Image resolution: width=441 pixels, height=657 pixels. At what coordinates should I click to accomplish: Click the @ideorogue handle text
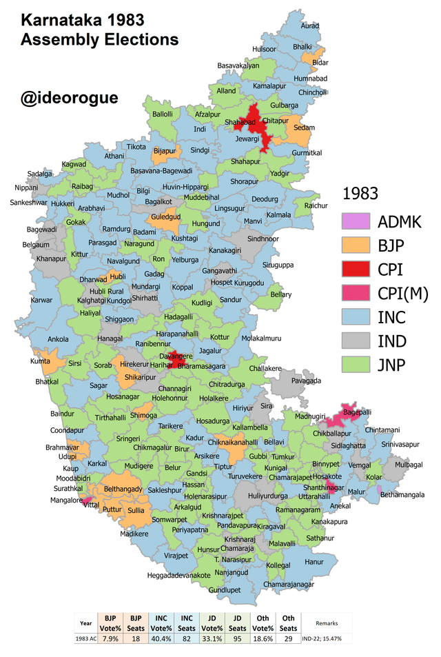[x=69, y=98]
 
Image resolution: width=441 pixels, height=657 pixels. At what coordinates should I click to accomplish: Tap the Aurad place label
[x=310, y=26]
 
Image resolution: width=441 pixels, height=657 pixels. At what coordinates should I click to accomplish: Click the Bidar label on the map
[x=320, y=62]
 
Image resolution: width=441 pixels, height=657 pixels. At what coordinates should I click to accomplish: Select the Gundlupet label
[x=225, y=591]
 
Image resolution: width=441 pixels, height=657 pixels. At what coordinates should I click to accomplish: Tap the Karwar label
[x=42, y=300]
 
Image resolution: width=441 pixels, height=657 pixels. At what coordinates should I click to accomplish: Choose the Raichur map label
[x=316, y=205]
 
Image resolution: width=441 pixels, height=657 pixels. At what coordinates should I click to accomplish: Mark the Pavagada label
[x=306, y=381]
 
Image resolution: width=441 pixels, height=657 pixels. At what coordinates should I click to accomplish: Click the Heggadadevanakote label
[x=178, y=575]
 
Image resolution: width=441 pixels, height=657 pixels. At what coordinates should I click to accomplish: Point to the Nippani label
[x=26, y=188]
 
